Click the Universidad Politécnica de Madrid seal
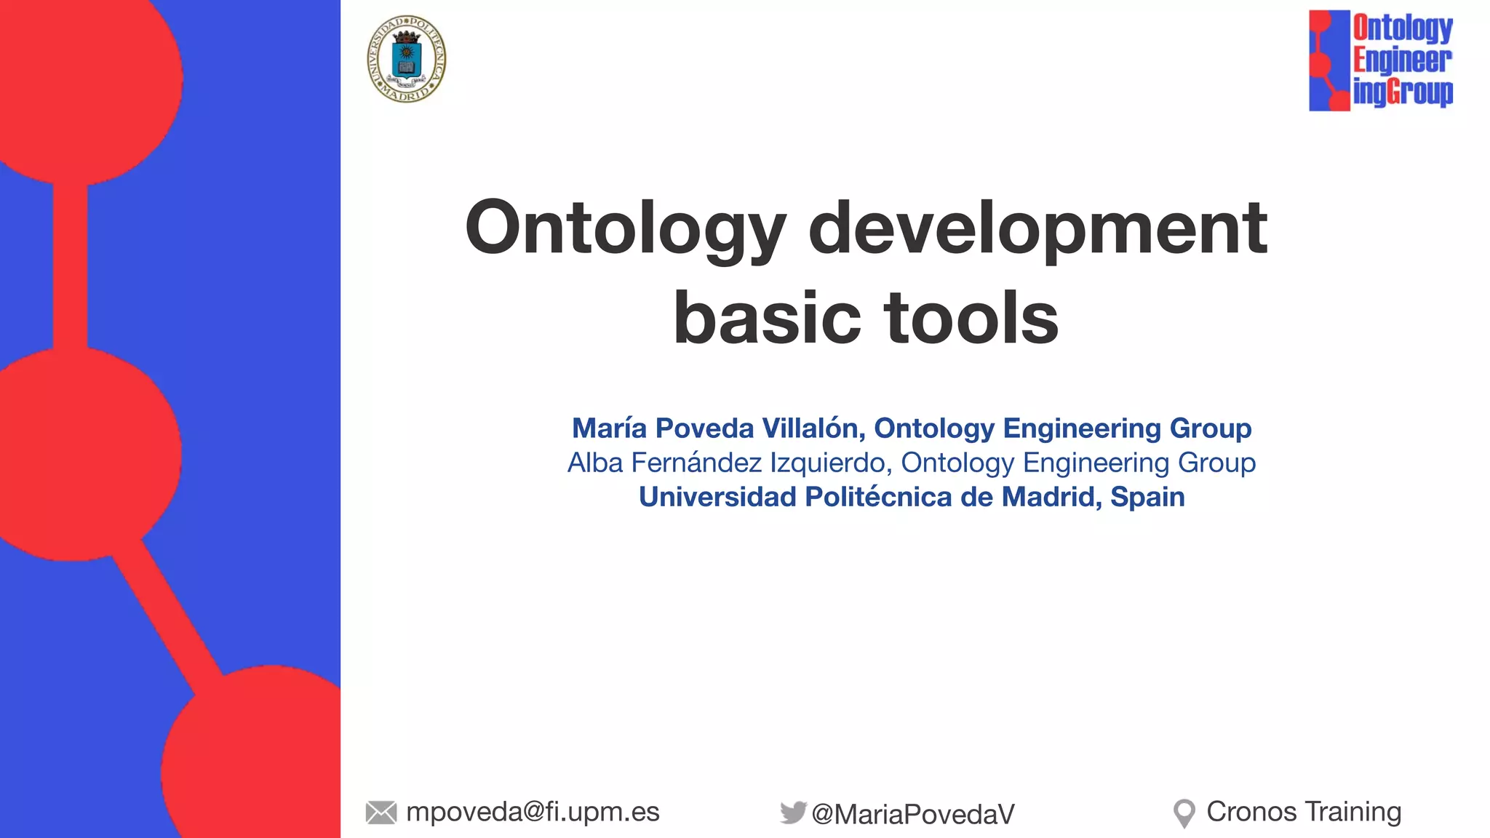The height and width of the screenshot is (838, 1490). click(x=406, y=59)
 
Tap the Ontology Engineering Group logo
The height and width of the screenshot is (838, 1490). click(x=1380, y=60)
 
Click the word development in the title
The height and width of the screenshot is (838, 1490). click(x=1037, y=228)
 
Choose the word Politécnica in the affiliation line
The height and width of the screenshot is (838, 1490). click(x=879, y=497)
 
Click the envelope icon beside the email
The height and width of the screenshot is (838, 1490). click(x=381, y=813)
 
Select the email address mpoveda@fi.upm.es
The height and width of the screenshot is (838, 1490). click(x=533, y=812)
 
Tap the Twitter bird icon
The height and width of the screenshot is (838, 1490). click(x=793, y=812)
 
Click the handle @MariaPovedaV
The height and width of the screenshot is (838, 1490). click(x=913, y=814)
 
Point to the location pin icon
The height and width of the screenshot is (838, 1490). click(x=1184, y=813)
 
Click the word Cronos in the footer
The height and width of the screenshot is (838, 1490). click(x=1251, y=812)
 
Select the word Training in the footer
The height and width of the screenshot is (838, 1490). click(x=1352, y=812)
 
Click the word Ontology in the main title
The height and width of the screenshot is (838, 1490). click(x=626, y=228)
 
